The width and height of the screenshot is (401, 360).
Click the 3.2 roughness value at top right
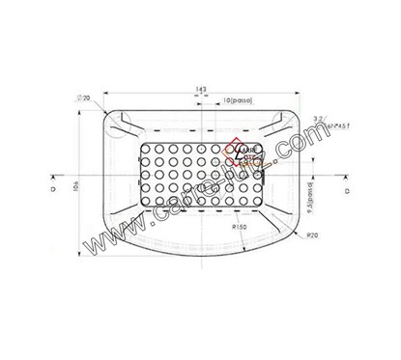pos(313,115)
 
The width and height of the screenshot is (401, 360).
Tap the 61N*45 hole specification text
pos(320,126)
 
